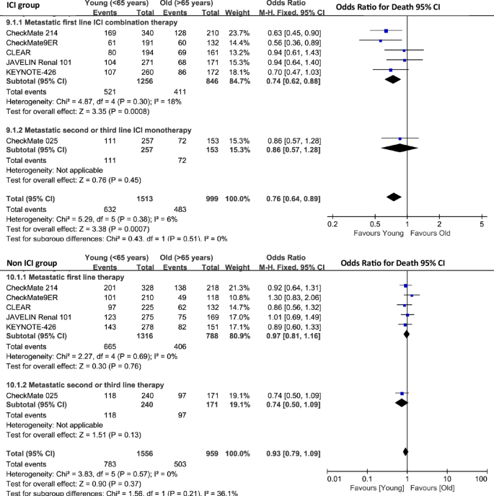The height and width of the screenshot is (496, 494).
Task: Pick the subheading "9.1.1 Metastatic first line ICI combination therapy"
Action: pyautogui.click(x=94, y=21)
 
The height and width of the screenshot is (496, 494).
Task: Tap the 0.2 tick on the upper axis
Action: pyautogui.click(x=332, y=224)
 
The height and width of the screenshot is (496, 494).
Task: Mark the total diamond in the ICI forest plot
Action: pyautogui.click(x=394, y=197)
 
